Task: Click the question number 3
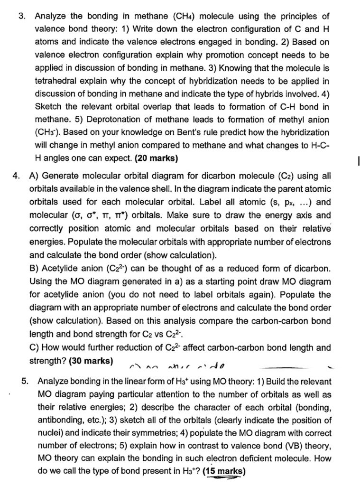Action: click(21, 18)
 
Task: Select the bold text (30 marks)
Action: click(91, 361)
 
